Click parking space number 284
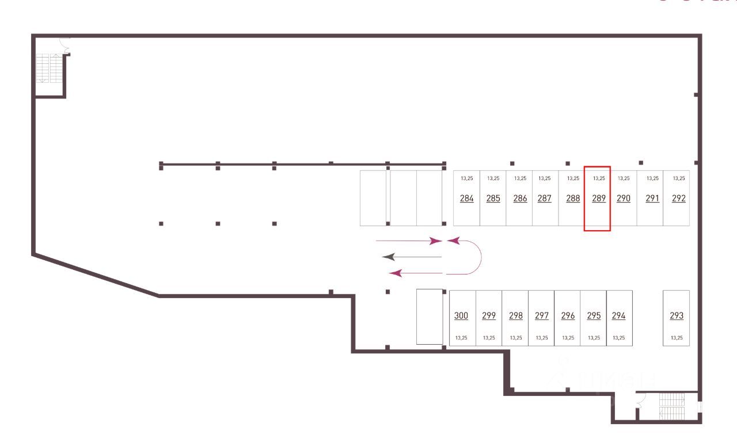coord(466,198)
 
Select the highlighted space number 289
coord(597,199)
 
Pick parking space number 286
coord(519,198)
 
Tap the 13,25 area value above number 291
coord(652,178)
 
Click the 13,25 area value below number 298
coord(515,338)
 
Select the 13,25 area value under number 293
coord(677,338)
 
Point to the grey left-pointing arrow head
coord(389,257)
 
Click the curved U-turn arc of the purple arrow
coord(479,257)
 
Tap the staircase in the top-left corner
coord(49,68)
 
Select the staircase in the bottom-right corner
coord(672,406)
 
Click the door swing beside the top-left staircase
coord(64,45)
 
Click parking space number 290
coord(624,198)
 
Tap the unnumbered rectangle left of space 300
coord(430,317)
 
